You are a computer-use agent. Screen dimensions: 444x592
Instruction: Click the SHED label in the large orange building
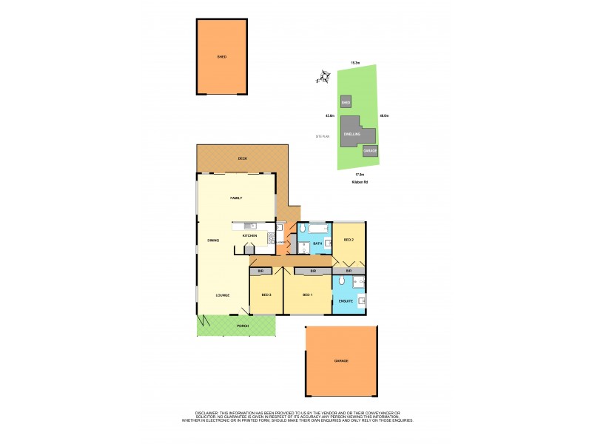coord(221,56)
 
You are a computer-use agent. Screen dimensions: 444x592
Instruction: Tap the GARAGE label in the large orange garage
coord(340,361)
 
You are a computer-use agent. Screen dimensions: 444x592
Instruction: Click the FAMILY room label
coord(237,198)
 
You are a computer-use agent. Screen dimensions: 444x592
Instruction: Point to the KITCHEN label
coord(249,235)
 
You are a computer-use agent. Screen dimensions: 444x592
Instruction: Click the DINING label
coord(213,240)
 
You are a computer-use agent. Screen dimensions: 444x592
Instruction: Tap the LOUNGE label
coord(221,295)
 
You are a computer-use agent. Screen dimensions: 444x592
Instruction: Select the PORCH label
coord(241,326)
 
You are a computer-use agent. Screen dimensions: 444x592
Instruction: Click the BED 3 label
coord(266,295)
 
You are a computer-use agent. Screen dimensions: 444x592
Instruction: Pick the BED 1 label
coord(308,295)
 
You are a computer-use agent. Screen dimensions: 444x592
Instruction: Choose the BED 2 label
coord(349,240)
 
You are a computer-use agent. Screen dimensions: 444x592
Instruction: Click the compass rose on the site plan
coord(323,76)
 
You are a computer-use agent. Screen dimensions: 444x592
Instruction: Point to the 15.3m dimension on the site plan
coord(355,63)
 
